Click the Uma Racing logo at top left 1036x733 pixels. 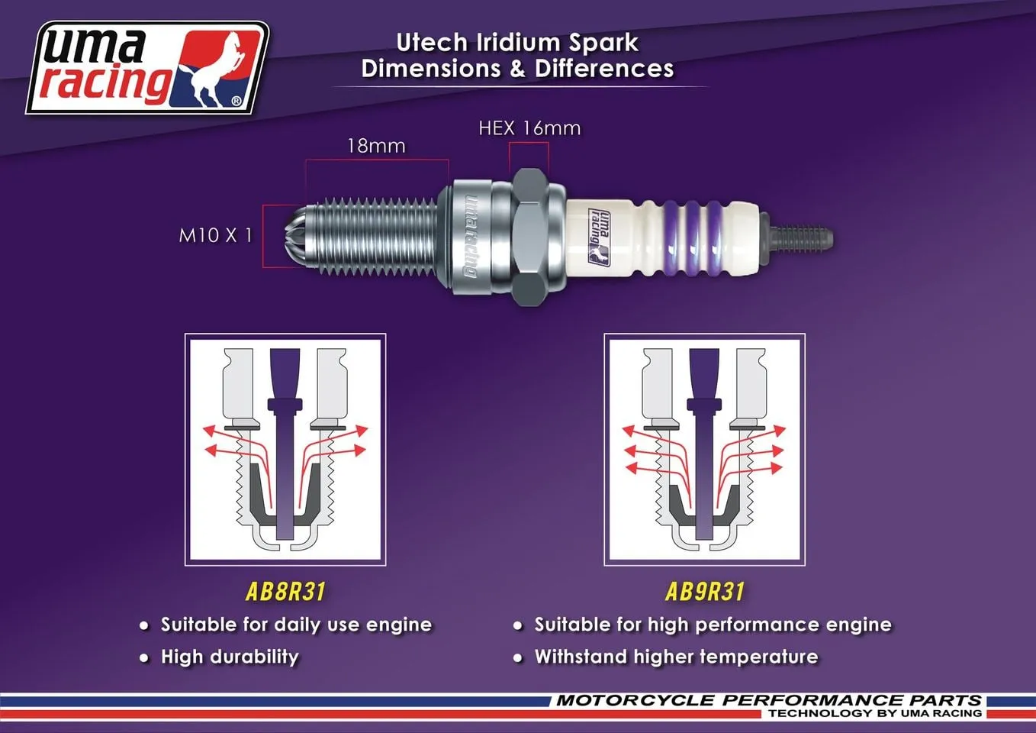point(147,68)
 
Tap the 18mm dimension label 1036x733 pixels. point(376,146)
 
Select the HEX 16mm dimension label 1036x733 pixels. point(529,128)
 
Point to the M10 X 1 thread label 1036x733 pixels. point(215,235)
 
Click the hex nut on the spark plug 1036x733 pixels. point(529,237)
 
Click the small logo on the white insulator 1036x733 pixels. point(600,237)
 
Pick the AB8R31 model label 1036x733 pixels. point(285,592)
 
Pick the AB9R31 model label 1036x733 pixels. point(704,592)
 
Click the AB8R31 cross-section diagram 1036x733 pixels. point(285,450)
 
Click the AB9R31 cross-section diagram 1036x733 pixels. point(704,450)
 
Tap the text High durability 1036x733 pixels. point(230,657)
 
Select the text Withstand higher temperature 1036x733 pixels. point(676,657)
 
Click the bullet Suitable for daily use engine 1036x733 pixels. point(296,625)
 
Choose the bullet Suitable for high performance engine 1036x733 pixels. point(713,625)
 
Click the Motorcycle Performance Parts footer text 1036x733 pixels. point(768,700)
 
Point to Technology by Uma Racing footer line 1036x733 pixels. point(875,713)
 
